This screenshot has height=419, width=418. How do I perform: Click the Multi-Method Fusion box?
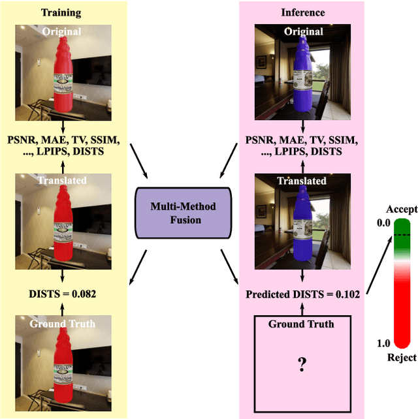(184, 213)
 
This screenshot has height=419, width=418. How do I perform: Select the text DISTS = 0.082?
(63, 294)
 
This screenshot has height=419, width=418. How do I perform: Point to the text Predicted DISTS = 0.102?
(302, 294)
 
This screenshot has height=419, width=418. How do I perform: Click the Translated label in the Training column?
(63, 180)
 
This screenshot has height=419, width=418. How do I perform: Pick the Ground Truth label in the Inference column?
(302, 324)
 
